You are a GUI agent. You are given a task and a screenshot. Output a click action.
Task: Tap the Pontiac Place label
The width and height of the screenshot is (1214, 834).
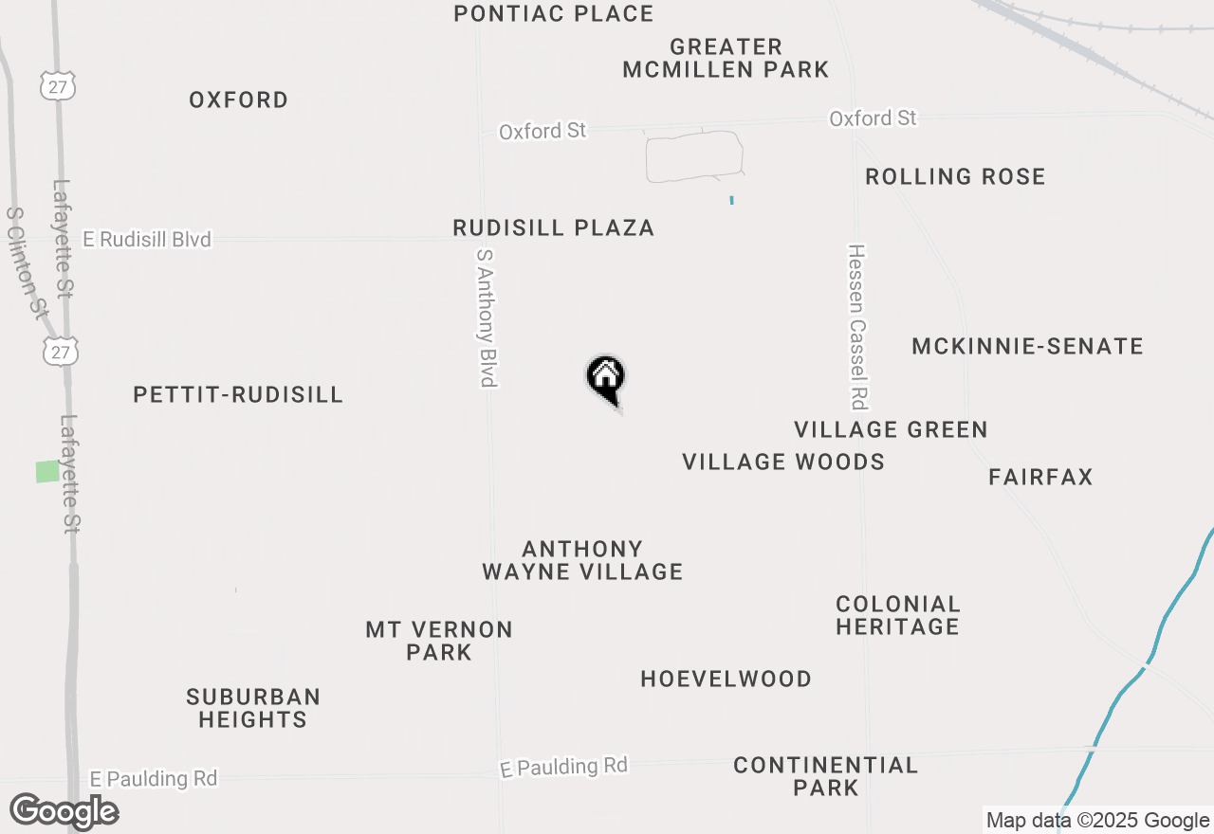tap(553, 14)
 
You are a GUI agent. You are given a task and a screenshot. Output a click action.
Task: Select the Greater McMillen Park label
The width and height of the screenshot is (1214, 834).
tap(726, 58)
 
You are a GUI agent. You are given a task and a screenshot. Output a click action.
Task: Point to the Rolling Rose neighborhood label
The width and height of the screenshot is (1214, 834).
tap(955, 176)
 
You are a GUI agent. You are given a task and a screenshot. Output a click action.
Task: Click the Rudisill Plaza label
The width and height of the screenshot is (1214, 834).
tap(553, 227)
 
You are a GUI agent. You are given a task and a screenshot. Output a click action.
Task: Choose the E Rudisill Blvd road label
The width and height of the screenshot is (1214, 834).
tap(147, 240)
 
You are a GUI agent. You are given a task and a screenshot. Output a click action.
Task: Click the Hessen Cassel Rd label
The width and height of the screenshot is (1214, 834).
tap(857, 327)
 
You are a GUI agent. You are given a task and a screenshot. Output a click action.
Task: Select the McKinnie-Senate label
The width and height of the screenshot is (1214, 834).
tap(1027, 346)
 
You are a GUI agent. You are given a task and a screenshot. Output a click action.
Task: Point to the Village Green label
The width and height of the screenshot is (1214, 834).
tap(891, 430)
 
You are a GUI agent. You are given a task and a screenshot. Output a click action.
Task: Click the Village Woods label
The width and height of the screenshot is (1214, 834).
tap(783, 462)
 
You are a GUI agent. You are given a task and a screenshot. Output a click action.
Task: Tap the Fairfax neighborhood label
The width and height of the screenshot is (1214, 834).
tap(1040, 477)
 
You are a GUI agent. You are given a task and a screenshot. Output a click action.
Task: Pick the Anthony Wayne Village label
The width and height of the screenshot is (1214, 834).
tap(582, 560)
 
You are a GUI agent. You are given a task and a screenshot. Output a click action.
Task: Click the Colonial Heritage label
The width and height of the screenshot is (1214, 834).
tap(897, 615)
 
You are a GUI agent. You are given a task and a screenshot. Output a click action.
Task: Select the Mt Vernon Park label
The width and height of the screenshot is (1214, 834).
tap(439, 641)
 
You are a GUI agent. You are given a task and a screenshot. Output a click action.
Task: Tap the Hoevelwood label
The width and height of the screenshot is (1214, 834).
tap(726, 679)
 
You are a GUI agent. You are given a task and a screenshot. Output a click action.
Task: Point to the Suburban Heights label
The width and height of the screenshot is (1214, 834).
tap(252, 708)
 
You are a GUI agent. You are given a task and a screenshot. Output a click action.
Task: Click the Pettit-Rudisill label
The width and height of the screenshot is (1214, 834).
tap(238, 395)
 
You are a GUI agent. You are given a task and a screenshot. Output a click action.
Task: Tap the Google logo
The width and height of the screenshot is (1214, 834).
tap(64, 812)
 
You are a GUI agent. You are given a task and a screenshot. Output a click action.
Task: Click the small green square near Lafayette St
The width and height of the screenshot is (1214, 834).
tap(47, 471)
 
